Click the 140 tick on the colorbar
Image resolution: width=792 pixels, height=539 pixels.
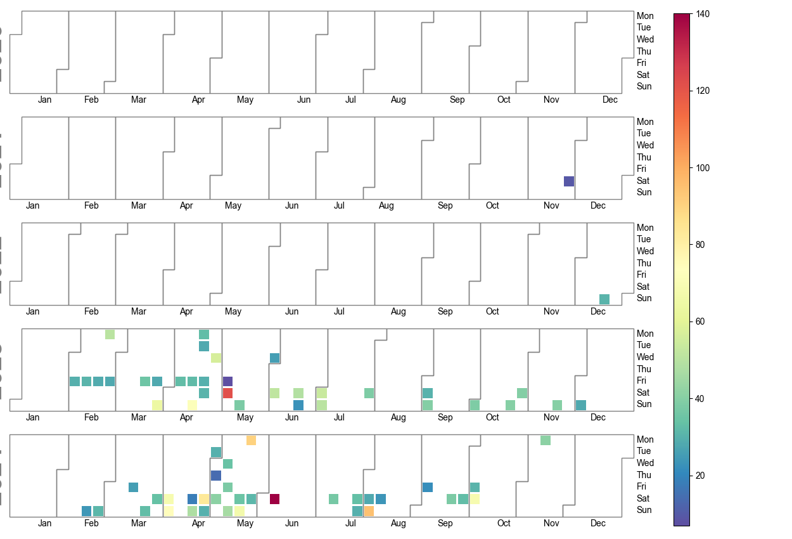(702, 14)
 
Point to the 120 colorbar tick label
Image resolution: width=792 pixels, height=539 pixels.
(702, 91)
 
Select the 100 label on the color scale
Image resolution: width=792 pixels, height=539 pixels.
(702, 168)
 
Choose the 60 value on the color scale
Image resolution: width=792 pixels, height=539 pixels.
(699, 321)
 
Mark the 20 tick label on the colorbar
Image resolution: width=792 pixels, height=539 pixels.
(699, 476)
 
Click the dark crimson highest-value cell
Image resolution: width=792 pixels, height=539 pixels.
(274, 499)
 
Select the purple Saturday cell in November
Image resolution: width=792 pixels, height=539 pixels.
(569, 181)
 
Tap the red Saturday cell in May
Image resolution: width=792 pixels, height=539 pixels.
(227, 393)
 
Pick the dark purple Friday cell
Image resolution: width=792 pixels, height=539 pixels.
(227, 381)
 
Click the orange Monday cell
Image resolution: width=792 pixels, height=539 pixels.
(251, 440)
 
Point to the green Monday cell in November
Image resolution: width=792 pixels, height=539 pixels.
(546, 440)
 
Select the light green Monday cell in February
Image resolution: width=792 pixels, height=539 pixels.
(110, 334)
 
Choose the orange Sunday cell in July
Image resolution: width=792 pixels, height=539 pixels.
(369, 510)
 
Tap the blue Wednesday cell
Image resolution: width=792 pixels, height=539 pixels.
(274, 358)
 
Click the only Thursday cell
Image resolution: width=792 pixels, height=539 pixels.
(215, 475)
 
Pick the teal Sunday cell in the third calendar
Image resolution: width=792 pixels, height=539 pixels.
(604, 299)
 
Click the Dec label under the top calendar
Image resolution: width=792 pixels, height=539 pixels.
(610, 100)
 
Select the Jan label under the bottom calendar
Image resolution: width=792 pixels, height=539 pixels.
(44, 523)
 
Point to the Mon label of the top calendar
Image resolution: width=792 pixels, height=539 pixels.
(645, 16)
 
